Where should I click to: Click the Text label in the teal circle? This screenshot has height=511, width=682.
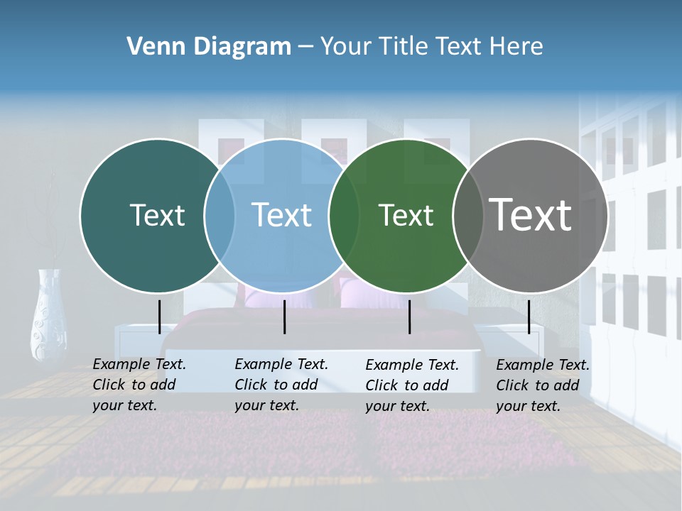[x=157, y=215]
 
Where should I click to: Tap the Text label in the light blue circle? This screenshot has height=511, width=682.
[x=282, y=215]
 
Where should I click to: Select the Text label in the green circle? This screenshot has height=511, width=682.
[x=406, y=215]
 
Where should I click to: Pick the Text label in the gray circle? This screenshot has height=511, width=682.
[x=531, y=215]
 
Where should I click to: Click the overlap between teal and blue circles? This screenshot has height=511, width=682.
[x=220, y=215]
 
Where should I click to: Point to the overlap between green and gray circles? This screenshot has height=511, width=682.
[x=468, y=215]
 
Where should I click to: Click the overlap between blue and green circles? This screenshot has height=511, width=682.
[x=344, y=215]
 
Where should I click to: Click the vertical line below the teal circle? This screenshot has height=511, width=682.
[x=159, y=317]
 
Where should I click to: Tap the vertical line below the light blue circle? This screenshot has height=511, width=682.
[x=284, y=317]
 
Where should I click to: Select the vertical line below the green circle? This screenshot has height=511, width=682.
[x=409, y=317]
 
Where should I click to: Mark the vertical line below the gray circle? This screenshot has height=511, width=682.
[x=529, y=317]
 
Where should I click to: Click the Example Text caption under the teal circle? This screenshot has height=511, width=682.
[x=139, y=385]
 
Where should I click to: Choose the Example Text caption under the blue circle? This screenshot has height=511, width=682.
[x=281, y=385]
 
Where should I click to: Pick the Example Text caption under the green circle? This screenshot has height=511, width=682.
[x=412, y=385]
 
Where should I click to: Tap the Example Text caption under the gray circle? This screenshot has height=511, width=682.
[x=543, y=385]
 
